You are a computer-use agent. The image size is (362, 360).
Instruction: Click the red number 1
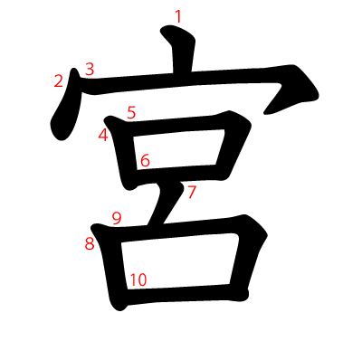(178, 16)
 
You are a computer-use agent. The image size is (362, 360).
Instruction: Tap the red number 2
(59, 81)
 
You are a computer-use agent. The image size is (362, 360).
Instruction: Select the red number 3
(90, 69)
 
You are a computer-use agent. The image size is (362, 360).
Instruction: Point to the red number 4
(103, 135)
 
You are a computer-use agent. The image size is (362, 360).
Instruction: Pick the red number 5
(131, 113)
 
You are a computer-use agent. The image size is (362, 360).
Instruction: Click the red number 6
(145, 160)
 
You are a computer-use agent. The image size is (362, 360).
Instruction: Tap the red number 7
(192, 192)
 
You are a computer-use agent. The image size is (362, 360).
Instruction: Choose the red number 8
(90, 243)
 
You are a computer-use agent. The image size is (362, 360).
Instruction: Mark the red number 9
(117, 218)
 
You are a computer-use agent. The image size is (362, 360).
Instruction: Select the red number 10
(138, 279)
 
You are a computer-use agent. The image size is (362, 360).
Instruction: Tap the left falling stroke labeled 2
(66, 106)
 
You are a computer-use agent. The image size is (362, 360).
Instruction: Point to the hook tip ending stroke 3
(265, 114)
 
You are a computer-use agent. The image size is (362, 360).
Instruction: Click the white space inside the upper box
(178, 149)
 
